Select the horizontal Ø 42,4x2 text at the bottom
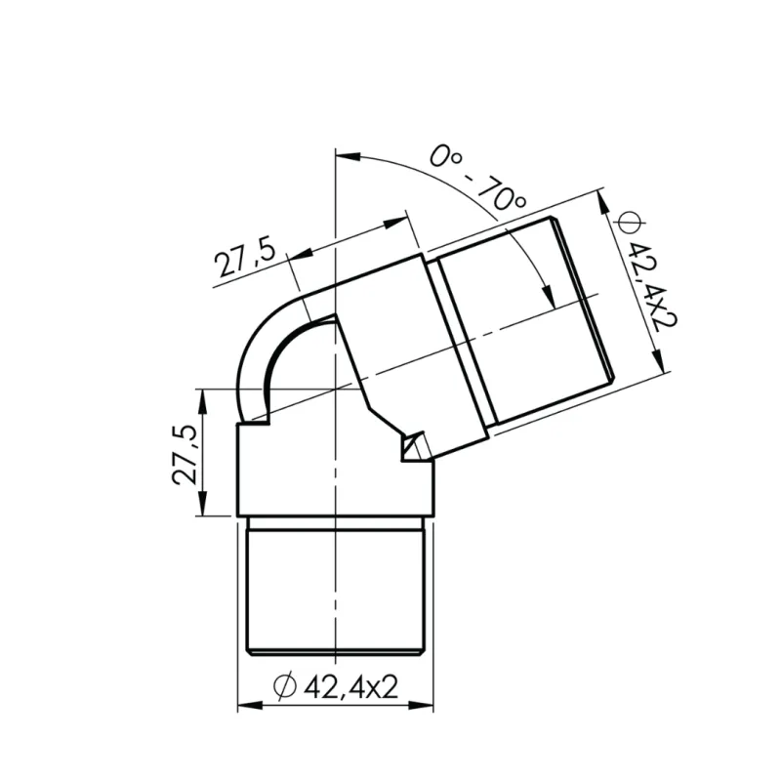tap(337, 687)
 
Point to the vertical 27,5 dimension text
tap(185, 454)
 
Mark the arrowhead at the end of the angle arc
tap(547, 299)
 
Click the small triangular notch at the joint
tap(412, 448)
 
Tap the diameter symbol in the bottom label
tap(285, 687)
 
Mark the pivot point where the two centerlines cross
tap(337, 390)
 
